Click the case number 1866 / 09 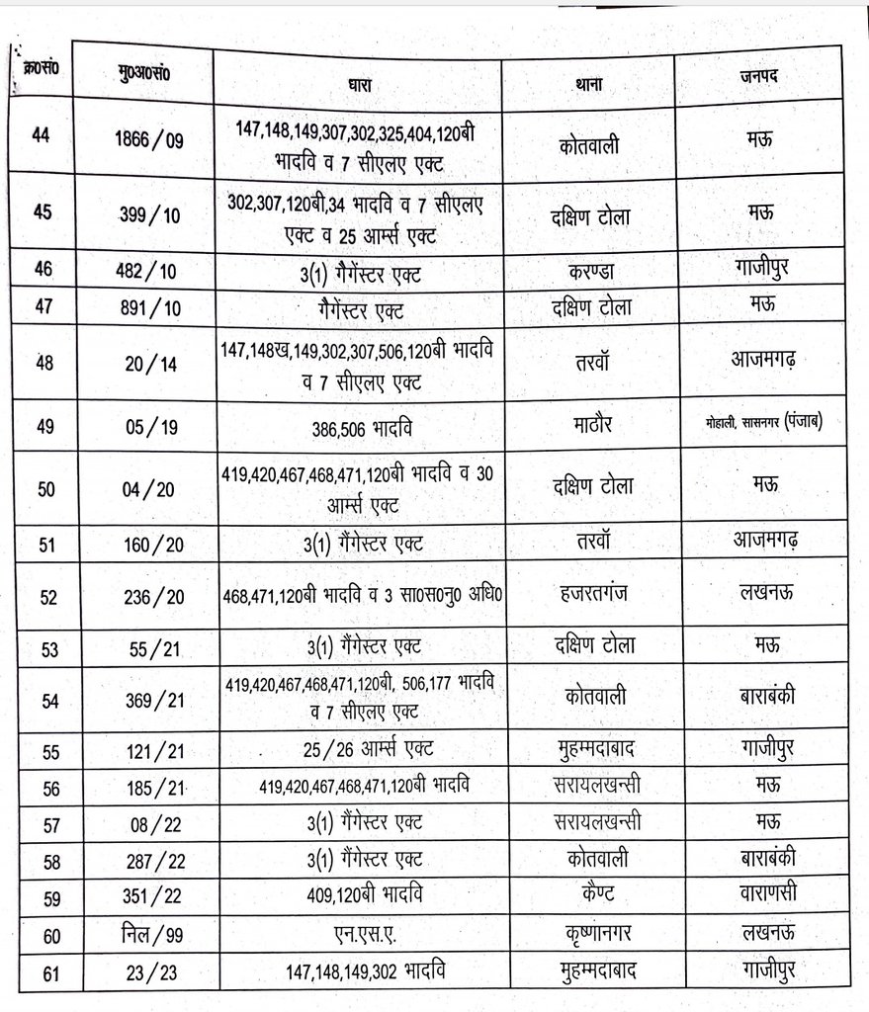click(x=149, y=140)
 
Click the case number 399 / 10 click(x=149, y=213)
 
